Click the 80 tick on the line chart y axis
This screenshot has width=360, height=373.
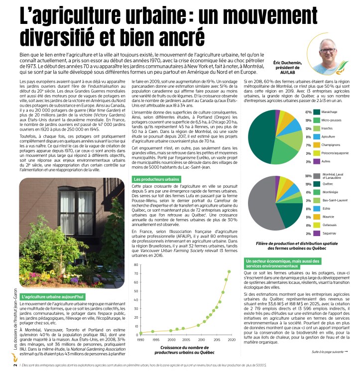(x=136, y=265)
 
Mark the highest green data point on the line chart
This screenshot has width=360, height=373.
(x=229, y=272)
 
